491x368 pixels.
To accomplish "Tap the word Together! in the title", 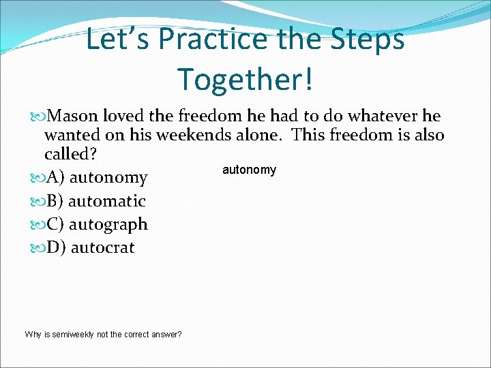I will point(245,78).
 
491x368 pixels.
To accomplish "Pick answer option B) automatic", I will point(95,201).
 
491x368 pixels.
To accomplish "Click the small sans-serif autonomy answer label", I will point(249,170).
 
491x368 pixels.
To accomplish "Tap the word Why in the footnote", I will point(33,335).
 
